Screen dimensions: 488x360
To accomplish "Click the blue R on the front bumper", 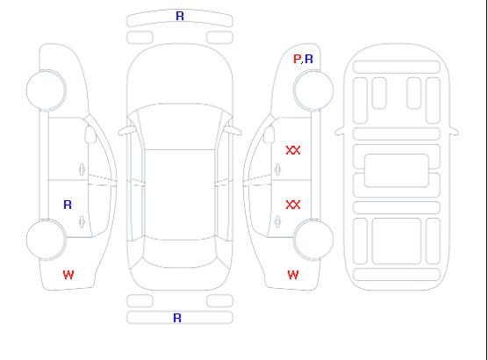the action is tap(180, 16).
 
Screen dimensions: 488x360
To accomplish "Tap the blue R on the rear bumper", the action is tap(177, 318).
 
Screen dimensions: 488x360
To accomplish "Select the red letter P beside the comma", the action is tap(297, 59).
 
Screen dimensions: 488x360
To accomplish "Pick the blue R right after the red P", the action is tap(309, 59).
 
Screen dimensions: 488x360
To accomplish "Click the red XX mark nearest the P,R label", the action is tap(293, 150).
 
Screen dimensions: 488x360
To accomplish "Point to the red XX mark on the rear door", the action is tap(293, 205).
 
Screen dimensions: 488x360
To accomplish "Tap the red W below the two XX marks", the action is tap(293, 275).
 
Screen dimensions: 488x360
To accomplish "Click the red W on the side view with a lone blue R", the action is tap(68, 275).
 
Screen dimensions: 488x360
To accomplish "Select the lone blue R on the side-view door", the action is tap(68, 205).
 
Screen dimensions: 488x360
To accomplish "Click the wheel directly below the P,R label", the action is tap(313, 90).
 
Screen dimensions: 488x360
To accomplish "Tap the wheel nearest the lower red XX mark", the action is tap(313, 240).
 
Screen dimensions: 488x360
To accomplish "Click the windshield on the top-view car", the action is tap(180, 126).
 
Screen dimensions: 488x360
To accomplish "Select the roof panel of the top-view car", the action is tap(180, 195).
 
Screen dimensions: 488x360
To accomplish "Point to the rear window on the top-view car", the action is tap(180, 253).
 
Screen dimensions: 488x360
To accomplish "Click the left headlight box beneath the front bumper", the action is tap(140, 38).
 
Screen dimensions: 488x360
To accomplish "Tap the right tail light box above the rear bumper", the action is tap(219, 301).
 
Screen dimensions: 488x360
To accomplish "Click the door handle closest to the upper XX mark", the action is tap(277, 169).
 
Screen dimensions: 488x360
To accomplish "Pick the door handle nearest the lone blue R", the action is tap(82, 221).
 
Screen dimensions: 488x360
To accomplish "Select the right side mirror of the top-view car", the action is tap(233, 130).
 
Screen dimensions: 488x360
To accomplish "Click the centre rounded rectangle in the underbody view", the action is tap(396, 170).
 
